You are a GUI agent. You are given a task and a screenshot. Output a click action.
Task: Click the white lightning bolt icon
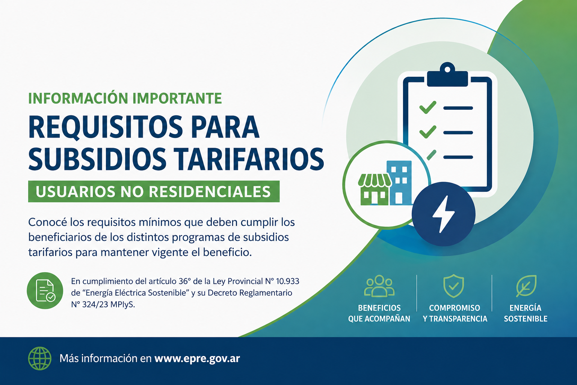(x=443, y=214)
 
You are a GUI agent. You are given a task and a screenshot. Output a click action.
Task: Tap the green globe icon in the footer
(x=40, y=358)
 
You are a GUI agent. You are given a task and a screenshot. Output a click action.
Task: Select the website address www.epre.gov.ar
(x=197, y=359)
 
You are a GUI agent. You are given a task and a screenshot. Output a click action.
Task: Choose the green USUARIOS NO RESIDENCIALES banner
(x=154, y=191)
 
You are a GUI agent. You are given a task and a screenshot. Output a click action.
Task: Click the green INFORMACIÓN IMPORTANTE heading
(x=125, y=98)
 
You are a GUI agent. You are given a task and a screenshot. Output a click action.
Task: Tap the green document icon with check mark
(x=45, y=291)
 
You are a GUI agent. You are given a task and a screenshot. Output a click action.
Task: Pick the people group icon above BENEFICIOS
(x=379, y=286)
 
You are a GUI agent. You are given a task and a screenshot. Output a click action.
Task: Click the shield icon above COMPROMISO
(x=454, y=286)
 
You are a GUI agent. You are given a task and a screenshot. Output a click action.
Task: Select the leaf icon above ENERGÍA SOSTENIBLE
(x=526, y=286)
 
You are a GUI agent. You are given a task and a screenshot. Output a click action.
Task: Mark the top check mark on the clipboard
(x=428, y=107)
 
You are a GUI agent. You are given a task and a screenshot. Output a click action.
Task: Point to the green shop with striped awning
(x=374, y=189)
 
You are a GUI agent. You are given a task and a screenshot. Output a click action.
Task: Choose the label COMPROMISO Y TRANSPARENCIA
(x=455, y=313)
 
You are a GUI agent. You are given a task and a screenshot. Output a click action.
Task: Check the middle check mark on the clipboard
(x=428, y=132)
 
